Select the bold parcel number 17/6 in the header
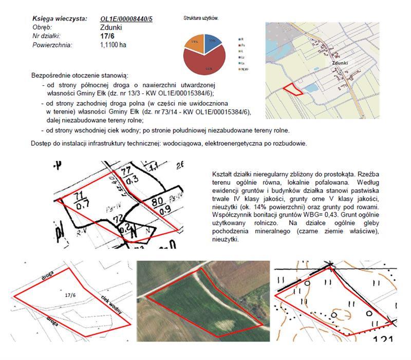pyautogui.click(x=107, y=36)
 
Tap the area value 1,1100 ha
pyautogui.click(x=113, y=45)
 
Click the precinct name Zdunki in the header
pyautogui.click(x=111, y=27)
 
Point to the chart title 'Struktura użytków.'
pyautogui.click(x=201, y=18)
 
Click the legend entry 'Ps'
pyautogui.click(x=242, y=45)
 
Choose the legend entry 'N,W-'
pyautogui.click(x=245, y=69)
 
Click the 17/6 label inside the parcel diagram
pyautogui.click(x=70, y=295)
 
